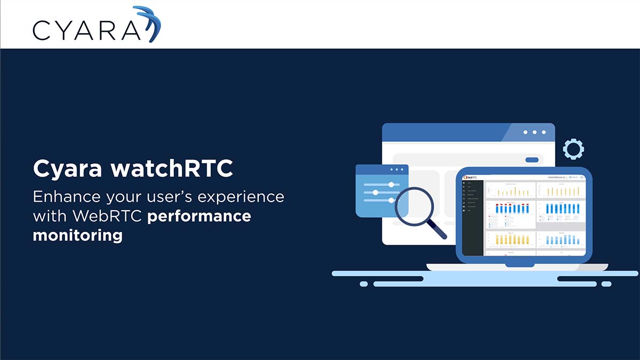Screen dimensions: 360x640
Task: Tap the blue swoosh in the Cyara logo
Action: pos(151,24)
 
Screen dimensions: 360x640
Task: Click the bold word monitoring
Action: pos(77,235)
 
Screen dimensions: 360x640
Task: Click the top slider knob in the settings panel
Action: pos(391,184)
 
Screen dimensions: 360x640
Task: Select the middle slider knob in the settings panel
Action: pos(375,192)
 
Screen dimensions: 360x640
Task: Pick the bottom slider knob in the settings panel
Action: pos(391,201)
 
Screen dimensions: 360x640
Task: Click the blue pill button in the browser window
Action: pos(532,159)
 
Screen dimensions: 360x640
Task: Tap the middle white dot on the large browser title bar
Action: pos(534,132)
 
